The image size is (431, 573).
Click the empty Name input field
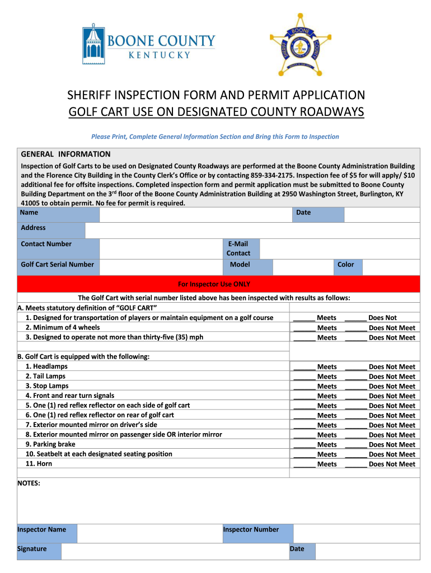(196, 214)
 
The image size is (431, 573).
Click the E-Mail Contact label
(238, 248)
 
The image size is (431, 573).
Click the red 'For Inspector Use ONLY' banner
(218, 284)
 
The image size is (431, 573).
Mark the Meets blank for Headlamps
(304, 367)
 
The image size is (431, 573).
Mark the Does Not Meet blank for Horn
(356, 464)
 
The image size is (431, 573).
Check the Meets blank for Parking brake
(304, 445)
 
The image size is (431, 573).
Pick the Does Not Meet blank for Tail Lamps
(356, 377)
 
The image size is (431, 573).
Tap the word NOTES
(29, 483)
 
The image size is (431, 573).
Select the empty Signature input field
(174, 552)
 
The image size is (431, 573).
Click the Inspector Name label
(42, 529)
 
